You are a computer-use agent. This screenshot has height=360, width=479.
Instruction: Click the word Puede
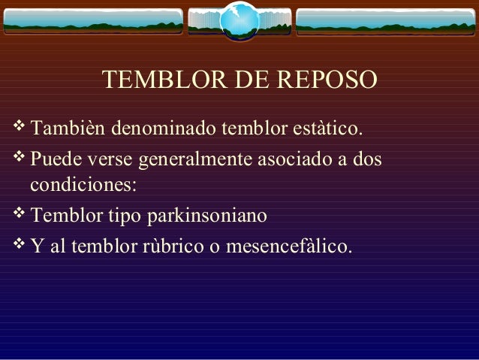click(55, 160)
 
